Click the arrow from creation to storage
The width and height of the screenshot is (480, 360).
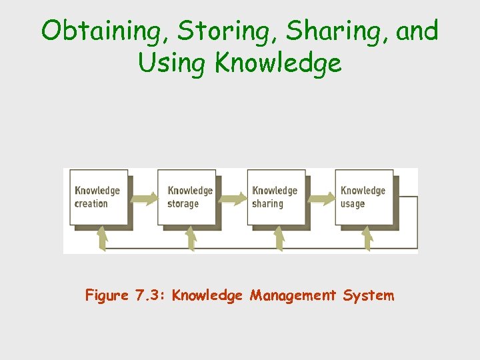point(143,197)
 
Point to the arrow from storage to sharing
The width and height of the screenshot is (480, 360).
point(231,197)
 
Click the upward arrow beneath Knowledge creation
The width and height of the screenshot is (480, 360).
point(102,238)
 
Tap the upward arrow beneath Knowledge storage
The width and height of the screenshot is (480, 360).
point(191,238)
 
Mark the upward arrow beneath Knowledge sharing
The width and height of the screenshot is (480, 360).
point(279,238)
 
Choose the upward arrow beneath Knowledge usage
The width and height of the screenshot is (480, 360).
point(366,238)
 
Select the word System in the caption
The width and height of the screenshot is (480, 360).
point(369,295)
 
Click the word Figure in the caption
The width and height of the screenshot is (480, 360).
point(107,295)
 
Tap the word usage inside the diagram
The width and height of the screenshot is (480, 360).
point(353,203)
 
